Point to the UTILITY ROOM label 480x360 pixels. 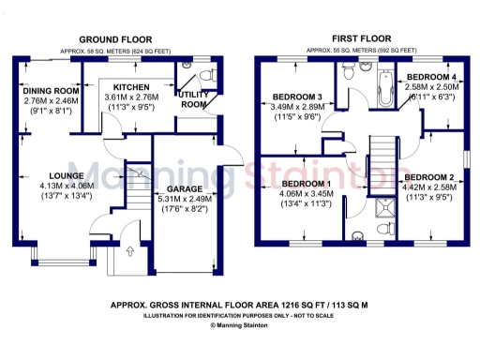coord(193,98)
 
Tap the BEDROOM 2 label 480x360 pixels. coord(431,177)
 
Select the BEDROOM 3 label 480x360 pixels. coord(298,97)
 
